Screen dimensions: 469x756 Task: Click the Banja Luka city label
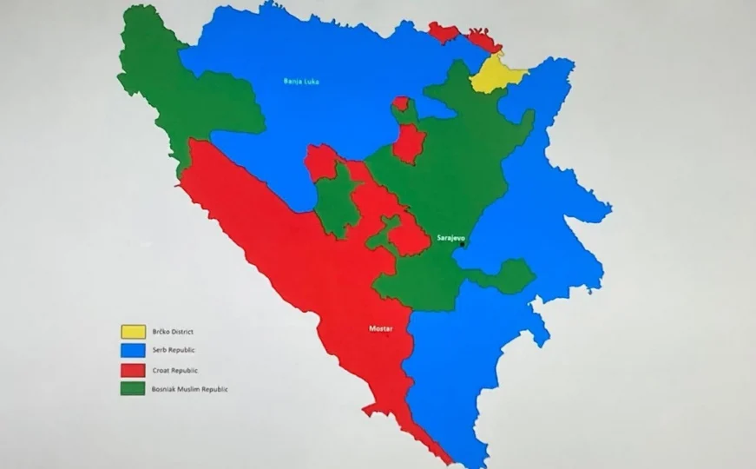(x=300, y=83)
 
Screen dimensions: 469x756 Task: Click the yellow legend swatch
(x=132, y=331)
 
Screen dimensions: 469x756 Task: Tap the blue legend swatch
(x=132, y=350)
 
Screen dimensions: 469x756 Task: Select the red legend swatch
(x=132, y=369)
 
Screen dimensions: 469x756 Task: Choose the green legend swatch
(x=132, y=388)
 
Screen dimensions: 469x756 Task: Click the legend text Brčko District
(x=172, y=331)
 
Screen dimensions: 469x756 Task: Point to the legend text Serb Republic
(x=173, y=350)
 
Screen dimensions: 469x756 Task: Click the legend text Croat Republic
(x=174, y=369)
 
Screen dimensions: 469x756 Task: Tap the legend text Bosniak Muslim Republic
(x=189, y=389)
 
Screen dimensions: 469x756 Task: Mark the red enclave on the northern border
(x=444, y=33)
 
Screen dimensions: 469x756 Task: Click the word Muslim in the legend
(x=189, y=389)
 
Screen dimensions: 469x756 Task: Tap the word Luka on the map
(x=309, y=83)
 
